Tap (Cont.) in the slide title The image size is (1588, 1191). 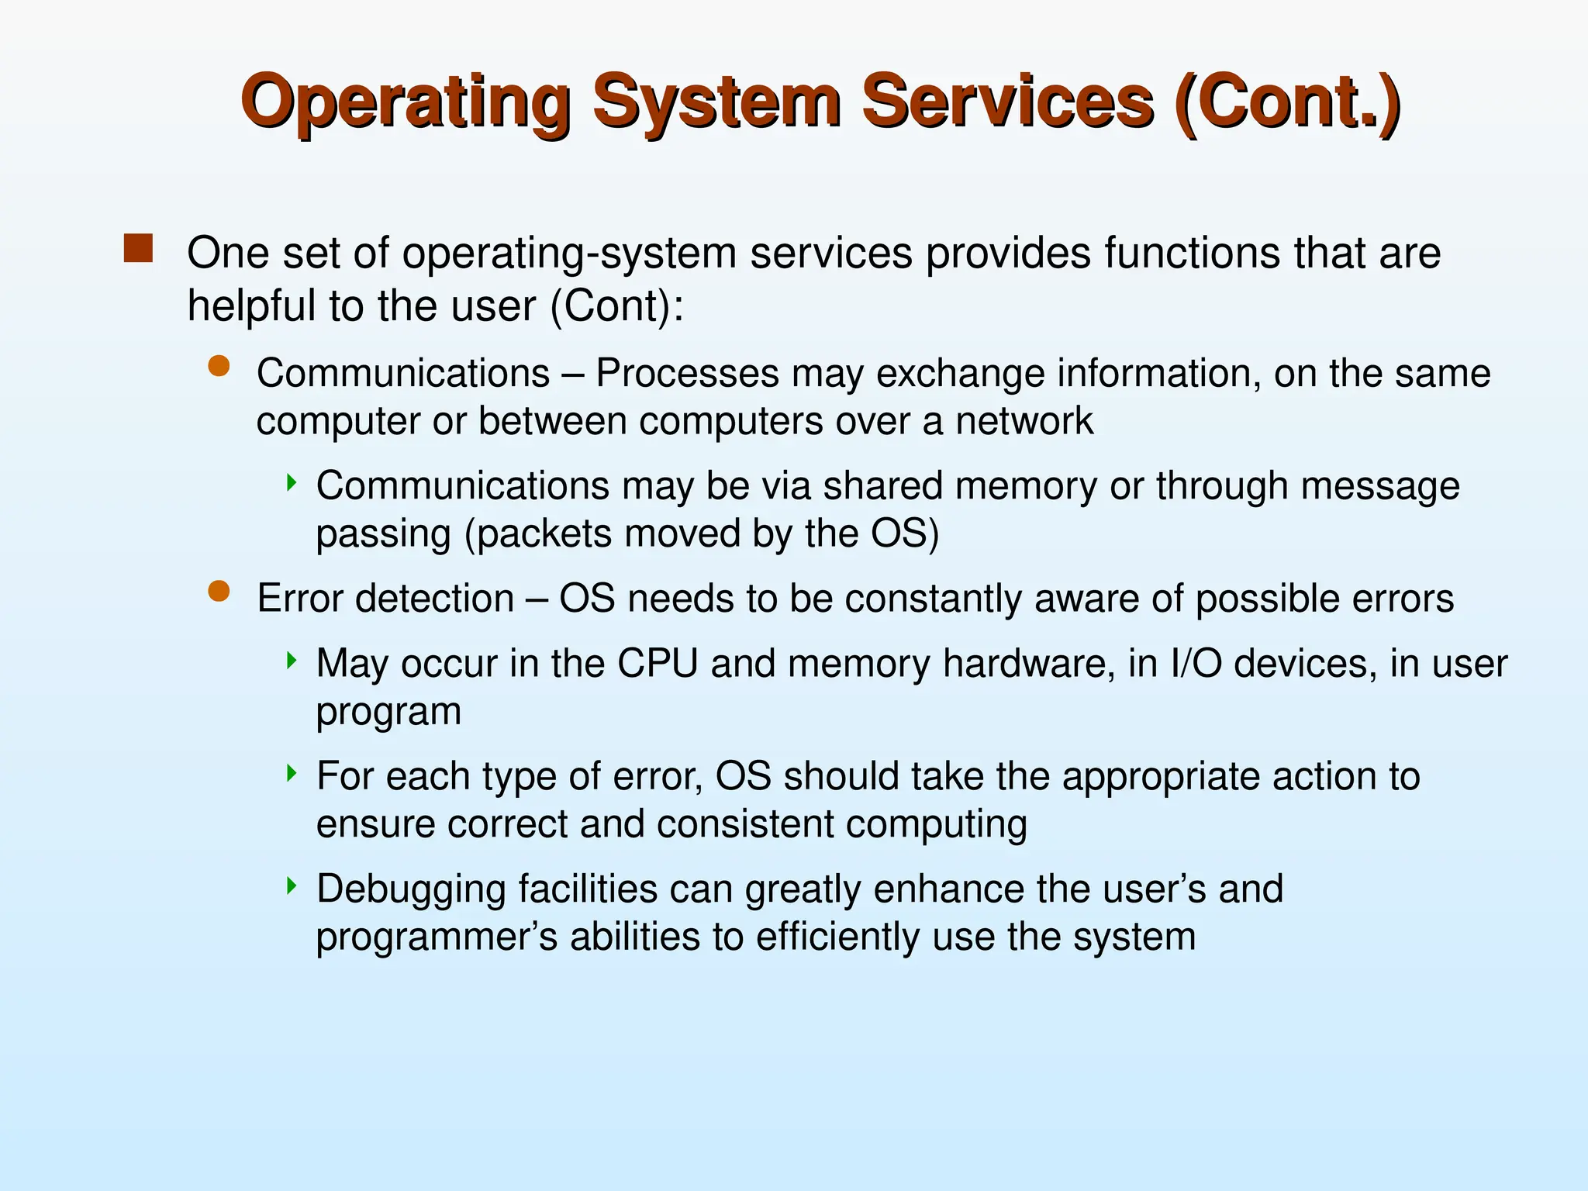pos(1286,102)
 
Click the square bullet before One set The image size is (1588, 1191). pos(138,249)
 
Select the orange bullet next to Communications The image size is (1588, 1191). pos(219,366)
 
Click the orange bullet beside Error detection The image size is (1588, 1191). pos(219,592)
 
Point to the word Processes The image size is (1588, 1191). pos(686,374)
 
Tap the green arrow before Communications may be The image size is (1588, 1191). pos(292,483)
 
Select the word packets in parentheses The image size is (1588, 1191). pos(544,534)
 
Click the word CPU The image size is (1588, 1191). pos(658,664)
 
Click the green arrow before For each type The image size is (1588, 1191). pos(292,772)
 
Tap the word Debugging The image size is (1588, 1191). pos(411,889)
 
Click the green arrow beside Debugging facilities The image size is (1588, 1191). pos(292,885)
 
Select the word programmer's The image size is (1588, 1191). pos(437,937)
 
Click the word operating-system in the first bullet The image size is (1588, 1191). pos(569,254)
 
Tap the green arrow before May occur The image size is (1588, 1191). pos(292,661)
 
